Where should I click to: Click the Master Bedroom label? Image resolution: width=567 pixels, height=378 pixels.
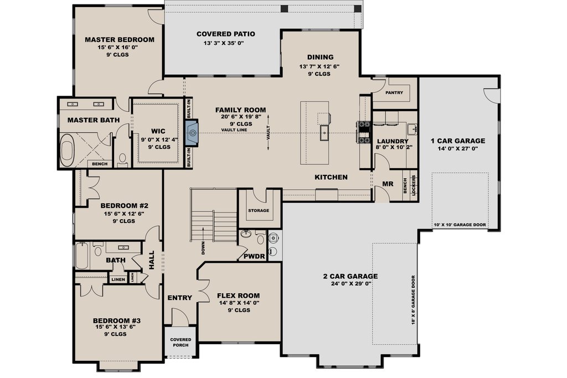coord(120,40)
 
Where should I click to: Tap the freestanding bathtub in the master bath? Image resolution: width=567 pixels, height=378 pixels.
coord(67,151)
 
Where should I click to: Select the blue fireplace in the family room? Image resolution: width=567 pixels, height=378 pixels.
coord(192,133)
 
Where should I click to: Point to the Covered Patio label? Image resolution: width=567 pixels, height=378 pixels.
coord(226,34)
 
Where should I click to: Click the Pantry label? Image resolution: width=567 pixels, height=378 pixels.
coord(394,92)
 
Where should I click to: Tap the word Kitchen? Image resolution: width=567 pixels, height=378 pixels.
coord(331,177)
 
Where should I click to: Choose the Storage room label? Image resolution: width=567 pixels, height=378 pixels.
coord(259,210)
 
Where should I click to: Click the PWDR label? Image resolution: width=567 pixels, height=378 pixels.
coord(254,257)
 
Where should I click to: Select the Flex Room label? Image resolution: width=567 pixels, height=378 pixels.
coord(238,296)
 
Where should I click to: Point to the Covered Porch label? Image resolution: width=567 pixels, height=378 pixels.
coord(181,342)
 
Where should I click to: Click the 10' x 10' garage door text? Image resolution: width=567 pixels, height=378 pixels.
coord(460,225)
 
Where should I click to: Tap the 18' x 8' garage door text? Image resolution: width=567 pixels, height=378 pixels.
coord(413,301)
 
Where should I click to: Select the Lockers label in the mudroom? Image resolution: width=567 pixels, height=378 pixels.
coord(414,185)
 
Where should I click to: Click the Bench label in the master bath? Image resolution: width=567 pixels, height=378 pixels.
coord(100,164)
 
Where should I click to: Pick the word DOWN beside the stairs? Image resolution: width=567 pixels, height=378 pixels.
coord(203,248)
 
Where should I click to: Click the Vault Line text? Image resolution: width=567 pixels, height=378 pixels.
coord(234,130)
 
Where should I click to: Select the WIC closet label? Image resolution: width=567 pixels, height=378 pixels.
coord(158,131)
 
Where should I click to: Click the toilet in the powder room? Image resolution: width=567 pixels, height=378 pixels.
coord(260,238)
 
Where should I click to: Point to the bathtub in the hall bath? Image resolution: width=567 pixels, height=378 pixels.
coord(82,256)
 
